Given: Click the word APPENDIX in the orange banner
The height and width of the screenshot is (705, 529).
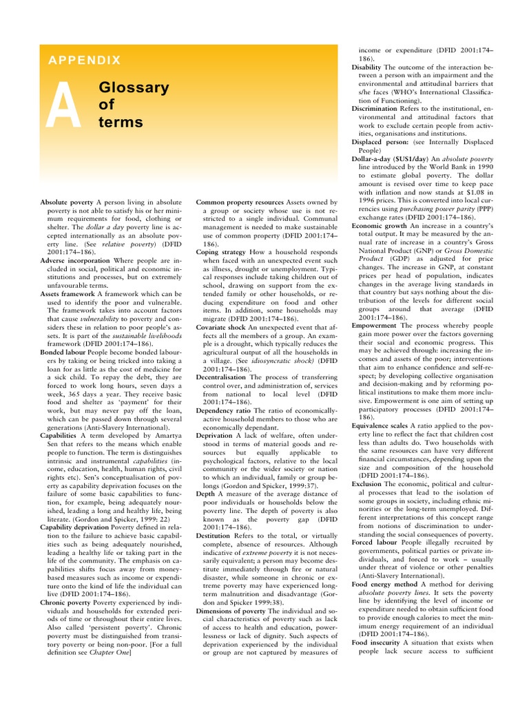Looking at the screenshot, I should coord(85,61).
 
